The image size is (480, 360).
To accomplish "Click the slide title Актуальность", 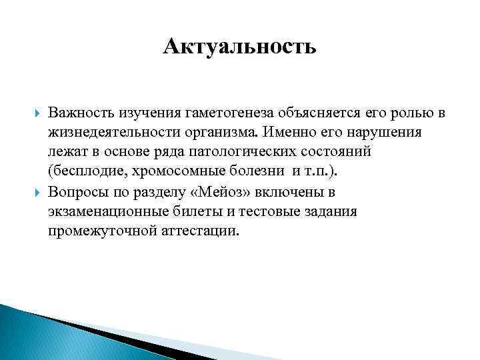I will (x=239, y=47).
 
